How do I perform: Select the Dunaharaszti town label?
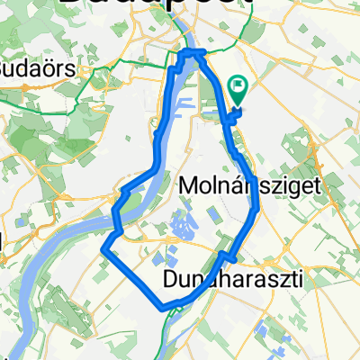[233, 283]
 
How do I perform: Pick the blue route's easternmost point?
[258, 209]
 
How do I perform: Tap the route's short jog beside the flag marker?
[231, 115]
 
